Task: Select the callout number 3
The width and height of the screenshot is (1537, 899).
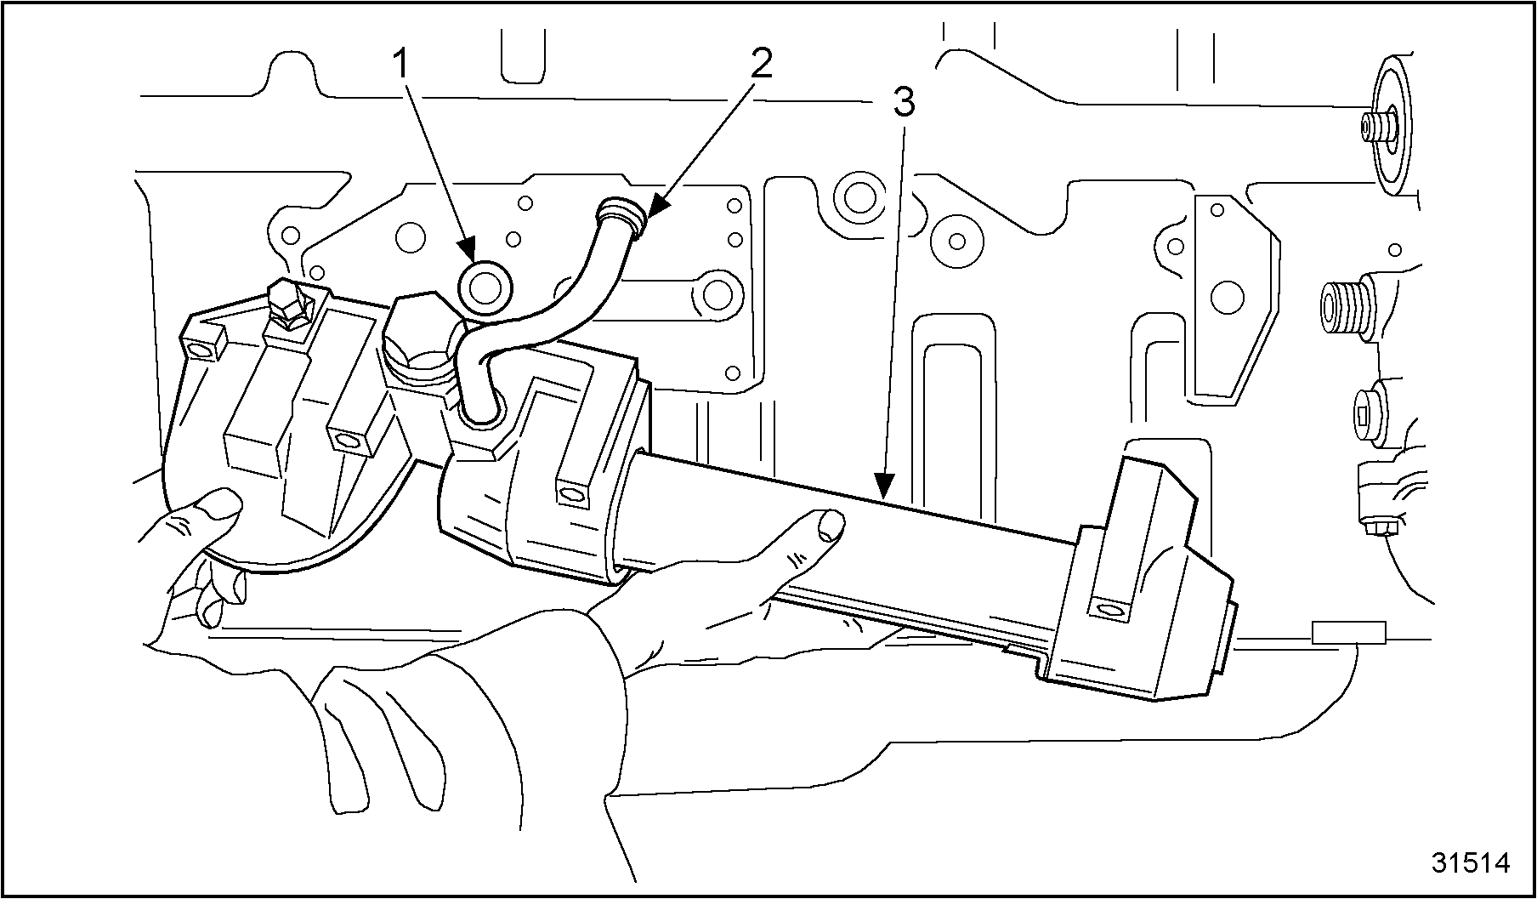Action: pos(903,104)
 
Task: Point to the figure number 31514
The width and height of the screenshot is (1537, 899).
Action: pos(1471,862)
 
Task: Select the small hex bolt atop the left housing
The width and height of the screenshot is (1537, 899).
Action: pos(286,305)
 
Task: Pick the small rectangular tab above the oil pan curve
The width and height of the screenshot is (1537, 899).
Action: pos(1349,633)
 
